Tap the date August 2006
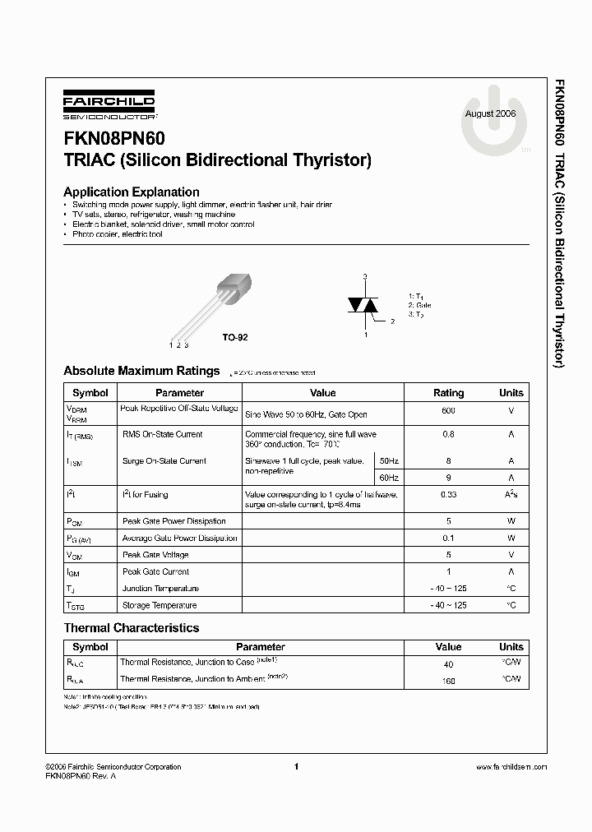tap(490, 113)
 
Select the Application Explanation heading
tap(132, 192)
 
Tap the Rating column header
tap(448, 393)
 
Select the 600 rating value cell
tap(448, 410)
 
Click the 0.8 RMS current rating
tap(448, 434)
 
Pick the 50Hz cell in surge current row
tap(389, 461)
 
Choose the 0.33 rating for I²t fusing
tap(448, 495)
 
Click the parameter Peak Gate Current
tap(155, 571)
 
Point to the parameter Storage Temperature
tap(160, 605)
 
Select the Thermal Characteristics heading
tap(132, 628)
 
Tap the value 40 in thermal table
tap(448, 663)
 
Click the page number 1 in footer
tap(295, 766)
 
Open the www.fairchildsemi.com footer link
tap(511, 767)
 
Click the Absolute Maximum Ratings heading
tap(141, 371)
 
